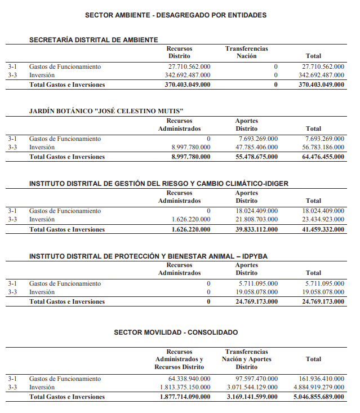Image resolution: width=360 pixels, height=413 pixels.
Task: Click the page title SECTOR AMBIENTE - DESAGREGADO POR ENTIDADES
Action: [x=176, y=15]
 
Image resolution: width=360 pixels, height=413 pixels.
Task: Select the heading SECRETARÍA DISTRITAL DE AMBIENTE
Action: [x=94, y=40]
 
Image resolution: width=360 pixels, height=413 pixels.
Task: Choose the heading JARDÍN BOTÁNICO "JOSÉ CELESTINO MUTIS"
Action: [x=106, y=112]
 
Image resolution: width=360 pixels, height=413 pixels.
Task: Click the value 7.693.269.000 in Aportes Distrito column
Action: [x=258, y=139]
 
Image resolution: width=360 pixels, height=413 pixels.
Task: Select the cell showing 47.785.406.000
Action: [x=256, y=148]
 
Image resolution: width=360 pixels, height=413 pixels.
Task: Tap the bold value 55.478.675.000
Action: [x=256, y=157]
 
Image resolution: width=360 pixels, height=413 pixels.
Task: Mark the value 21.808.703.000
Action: [x=256, y=219]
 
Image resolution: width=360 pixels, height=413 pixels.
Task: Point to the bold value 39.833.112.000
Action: [x=256, y=229]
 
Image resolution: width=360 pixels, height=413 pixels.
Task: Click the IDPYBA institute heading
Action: [x=148, y=256]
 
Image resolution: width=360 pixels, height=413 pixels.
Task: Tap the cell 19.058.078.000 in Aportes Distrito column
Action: [x=256, y=292]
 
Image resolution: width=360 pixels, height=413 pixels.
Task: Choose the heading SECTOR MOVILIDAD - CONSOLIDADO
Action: [x=176, y=332]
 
